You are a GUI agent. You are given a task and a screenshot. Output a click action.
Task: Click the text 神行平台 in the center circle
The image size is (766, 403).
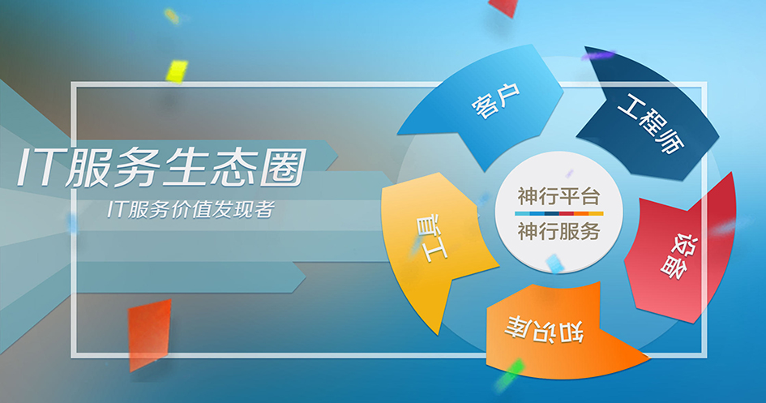pos(558,196)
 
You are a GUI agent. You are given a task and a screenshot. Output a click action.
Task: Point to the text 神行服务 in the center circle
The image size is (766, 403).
pos(558,230)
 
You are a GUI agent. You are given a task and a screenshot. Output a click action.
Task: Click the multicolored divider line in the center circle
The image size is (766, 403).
pos(558,213)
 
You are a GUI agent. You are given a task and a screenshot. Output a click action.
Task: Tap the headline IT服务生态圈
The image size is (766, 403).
pos(162,168)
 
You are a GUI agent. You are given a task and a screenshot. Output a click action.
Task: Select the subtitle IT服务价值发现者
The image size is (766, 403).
pos(190,209)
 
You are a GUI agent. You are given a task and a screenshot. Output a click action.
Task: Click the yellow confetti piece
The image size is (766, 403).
pos(177,71)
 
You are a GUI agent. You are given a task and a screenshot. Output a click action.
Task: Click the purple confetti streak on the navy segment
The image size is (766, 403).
pos(598,55)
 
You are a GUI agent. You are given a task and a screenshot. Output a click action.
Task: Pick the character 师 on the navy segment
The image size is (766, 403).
pos(670,140)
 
